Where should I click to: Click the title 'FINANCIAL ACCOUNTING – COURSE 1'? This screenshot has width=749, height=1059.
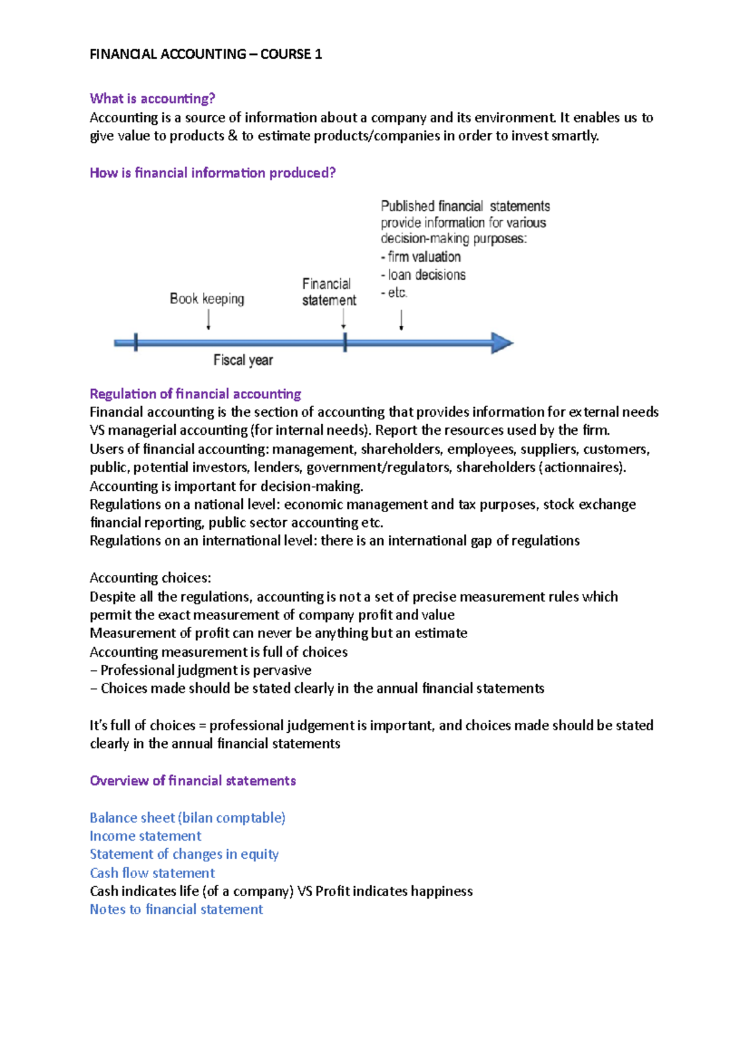[x=205, y=54]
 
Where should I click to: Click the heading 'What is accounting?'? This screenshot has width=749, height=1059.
[x=152, y=99]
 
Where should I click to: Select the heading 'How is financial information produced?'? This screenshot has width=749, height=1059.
[x=212, y=173]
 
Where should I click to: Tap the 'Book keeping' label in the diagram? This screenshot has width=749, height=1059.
[x=207, y=299]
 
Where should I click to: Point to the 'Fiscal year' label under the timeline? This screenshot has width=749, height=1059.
[x=243, y=360]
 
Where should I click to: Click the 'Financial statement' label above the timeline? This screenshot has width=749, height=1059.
[x=328, y=292]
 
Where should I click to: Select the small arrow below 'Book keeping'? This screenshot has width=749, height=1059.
[x=208, y=319]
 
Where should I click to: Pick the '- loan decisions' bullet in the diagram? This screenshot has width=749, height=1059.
[x=423, y=275]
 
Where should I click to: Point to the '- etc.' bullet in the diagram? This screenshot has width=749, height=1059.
[x=394, y=293]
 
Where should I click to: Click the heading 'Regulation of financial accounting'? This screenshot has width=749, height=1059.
[x=195, y=394]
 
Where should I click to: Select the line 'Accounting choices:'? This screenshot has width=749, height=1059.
[x=150, y=578]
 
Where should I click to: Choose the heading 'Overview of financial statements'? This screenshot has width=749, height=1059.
[x=192, y=781]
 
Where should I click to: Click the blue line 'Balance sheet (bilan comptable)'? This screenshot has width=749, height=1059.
[x=187, y=818]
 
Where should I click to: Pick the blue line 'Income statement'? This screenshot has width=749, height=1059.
[x=145, y=836]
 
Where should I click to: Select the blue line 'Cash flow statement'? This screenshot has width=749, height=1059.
[x=152, y=873]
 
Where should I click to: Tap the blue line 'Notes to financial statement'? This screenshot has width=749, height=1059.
[x=176, y=909]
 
